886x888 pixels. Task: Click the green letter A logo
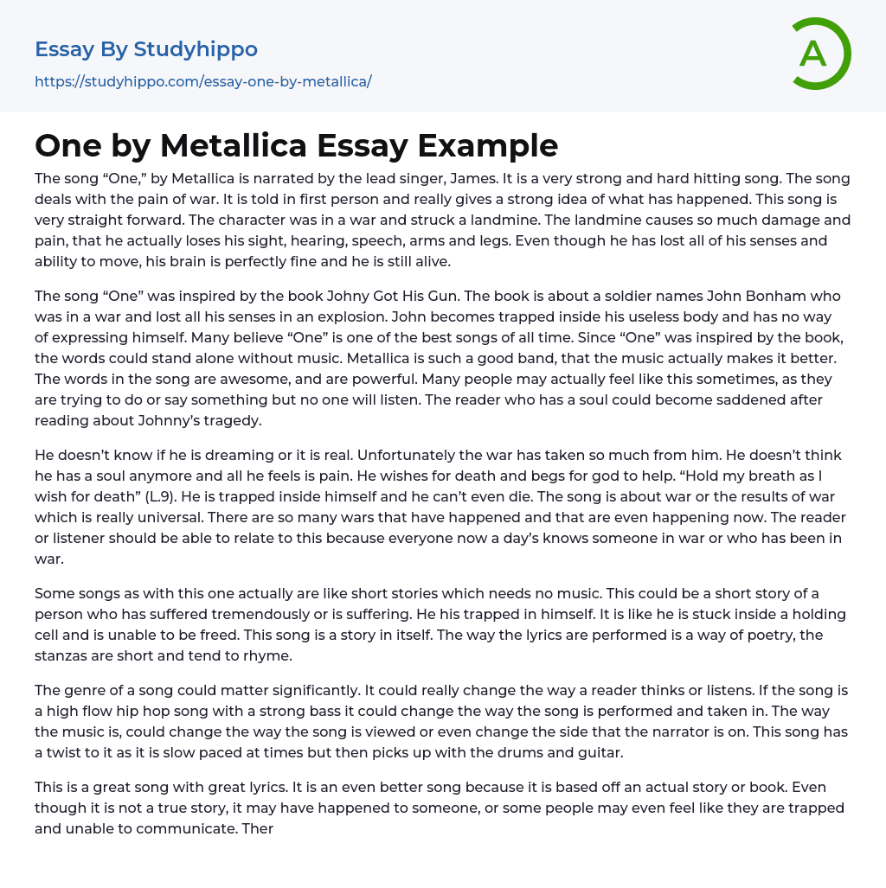click(818, 54)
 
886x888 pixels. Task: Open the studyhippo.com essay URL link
click(203, 82)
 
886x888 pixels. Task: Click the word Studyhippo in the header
click(196, 49)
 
